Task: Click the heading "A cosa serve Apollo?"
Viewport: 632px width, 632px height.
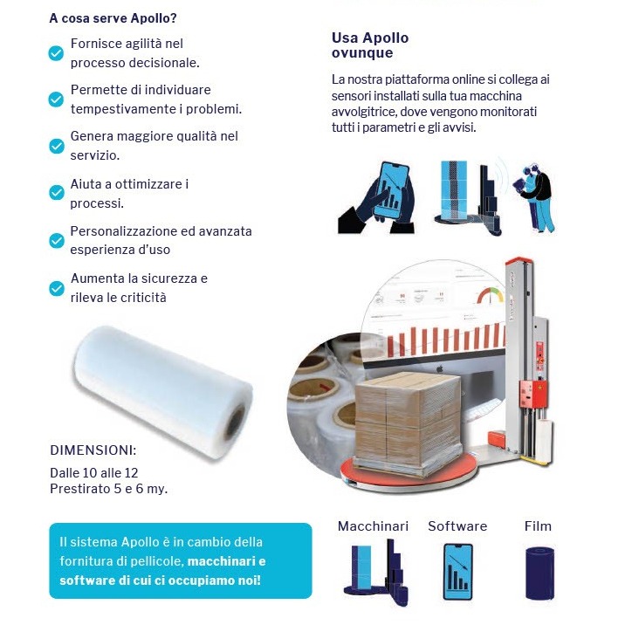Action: tap(120, 17)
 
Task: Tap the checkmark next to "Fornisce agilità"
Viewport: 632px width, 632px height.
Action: tap(56, 53)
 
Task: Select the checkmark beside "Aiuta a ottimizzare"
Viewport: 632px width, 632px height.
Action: tap(56, 193)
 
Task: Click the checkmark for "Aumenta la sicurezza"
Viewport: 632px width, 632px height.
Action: tap(56, 287)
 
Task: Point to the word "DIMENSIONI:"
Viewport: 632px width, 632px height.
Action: tap(93, 450)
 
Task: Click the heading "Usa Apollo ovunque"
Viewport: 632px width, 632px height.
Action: tap(370, 45)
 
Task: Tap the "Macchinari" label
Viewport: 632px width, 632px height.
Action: tap(373, 526)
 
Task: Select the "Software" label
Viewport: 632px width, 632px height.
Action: tap(457, 526)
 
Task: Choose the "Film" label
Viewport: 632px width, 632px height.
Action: tap(538, 526)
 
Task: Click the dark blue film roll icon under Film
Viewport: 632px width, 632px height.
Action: tap(539, 573)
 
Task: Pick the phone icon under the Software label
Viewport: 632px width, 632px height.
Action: tap(457, 573)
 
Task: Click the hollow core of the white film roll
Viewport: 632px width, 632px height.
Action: tap(235, 427)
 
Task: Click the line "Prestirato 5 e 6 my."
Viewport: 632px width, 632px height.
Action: tap(108, 489)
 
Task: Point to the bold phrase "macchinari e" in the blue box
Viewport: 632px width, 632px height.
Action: tap(226, 560)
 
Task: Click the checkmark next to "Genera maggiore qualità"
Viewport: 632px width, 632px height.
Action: tap(56, 146)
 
